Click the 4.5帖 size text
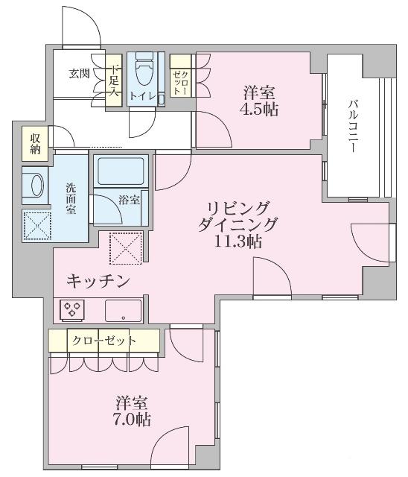point(260,110)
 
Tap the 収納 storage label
point(34,144)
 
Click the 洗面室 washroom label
point(71,198)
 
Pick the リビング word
point(238,208)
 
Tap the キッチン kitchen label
point(99,281)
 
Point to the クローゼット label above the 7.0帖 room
point(105,341)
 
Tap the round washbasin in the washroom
point(32,184)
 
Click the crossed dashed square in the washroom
point(34,224)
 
